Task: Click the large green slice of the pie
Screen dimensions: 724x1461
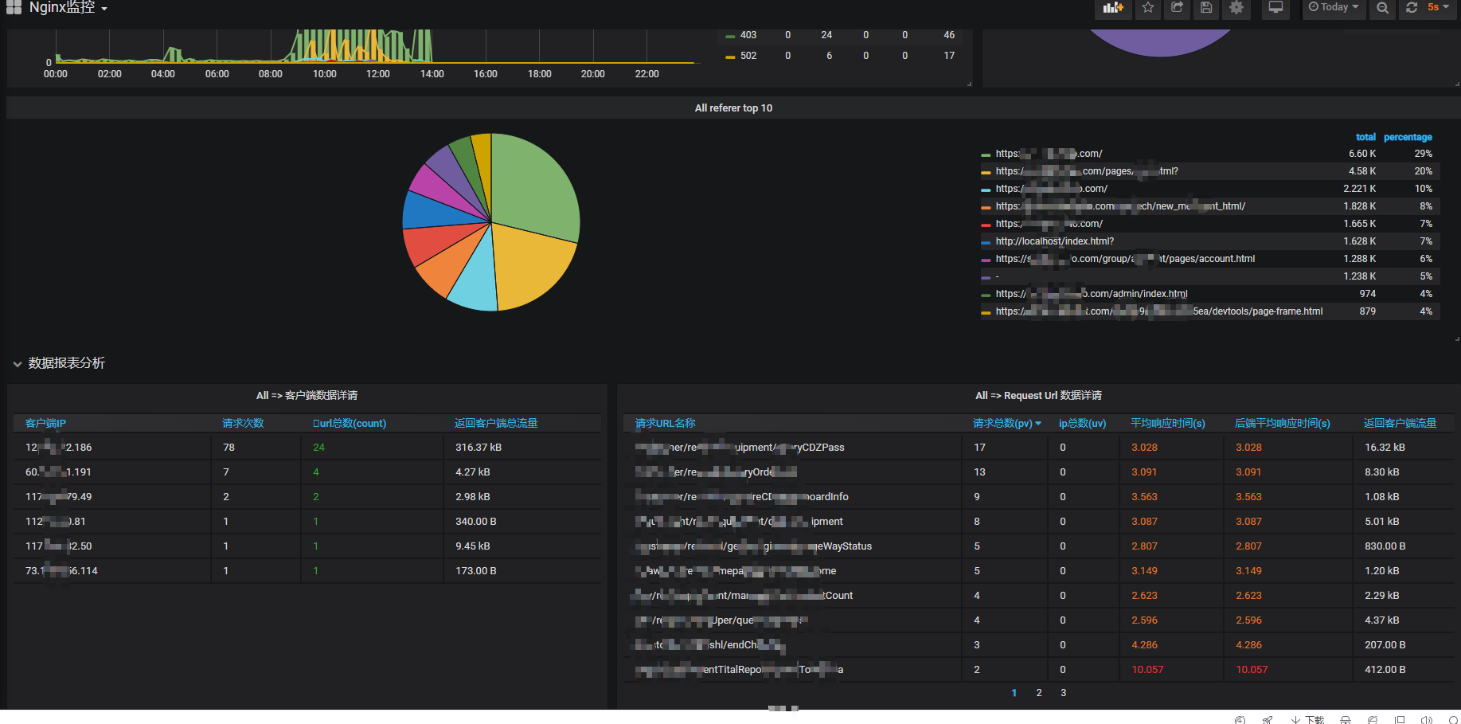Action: [533, 187]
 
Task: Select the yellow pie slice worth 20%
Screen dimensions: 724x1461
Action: [529, 267]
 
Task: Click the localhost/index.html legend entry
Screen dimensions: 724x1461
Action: [1054, 241]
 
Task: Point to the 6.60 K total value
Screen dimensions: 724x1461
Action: [1361, 154]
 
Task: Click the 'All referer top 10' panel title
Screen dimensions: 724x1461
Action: [733, 108]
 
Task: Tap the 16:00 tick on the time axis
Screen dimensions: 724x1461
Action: [485, 74]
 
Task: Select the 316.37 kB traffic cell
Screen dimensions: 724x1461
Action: [478, 448]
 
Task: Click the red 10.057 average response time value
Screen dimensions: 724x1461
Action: [1147, 670]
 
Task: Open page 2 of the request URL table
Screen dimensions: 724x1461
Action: [1039, 693]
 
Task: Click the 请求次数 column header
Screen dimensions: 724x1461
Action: [243, 424]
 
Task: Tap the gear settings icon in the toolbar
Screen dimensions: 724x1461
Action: [1236, 8]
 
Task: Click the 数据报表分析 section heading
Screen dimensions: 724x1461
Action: [66, 363]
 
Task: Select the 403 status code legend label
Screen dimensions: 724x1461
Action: [748, 35]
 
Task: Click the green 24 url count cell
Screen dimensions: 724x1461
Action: [318, 448]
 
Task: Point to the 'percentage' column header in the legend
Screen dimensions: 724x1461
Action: [1408, 137]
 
